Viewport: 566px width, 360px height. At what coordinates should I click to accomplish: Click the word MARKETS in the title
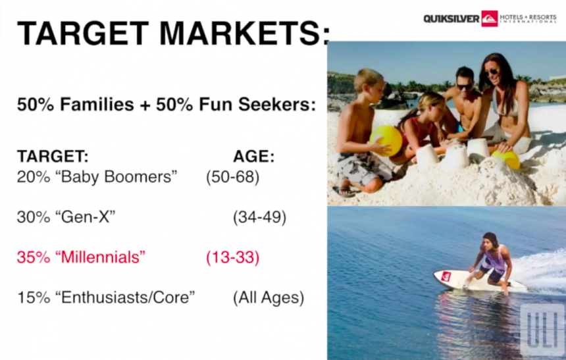pos(244,33)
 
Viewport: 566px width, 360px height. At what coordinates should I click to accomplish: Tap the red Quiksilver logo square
pos(490,18)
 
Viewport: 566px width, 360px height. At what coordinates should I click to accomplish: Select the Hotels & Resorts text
pos(528,18)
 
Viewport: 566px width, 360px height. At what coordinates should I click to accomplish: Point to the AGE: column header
pos(254,157)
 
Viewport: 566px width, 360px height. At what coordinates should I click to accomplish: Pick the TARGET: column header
pos(53,157)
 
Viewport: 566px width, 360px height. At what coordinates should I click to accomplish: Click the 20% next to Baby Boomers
pos(34,176)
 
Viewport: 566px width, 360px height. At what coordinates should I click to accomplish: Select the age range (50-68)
pos(233,177)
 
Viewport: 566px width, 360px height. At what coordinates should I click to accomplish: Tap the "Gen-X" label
pos(85,217)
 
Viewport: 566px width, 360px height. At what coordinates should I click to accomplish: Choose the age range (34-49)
pos(259,217)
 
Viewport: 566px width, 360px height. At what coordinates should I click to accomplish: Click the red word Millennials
pos(100,257)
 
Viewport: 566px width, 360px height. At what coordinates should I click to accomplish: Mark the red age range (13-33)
pos(233,257)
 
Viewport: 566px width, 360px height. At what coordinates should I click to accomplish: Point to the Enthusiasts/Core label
pos(125,297)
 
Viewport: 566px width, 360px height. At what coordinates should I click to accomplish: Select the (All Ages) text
pos(269,298)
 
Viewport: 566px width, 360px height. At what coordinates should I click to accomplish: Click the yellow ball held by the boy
pos(386,140)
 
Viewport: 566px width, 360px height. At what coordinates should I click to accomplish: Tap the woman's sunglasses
pos(491,72)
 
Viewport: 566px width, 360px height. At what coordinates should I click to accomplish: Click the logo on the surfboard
pos(446,276)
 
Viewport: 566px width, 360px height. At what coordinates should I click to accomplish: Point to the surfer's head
pos(490,241)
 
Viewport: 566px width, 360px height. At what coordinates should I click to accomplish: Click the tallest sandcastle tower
pos(455,157)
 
